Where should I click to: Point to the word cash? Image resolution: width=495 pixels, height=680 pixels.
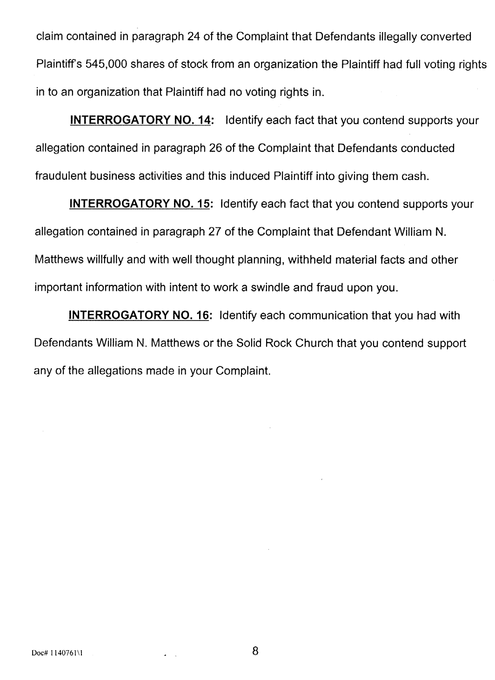click(413, 177)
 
